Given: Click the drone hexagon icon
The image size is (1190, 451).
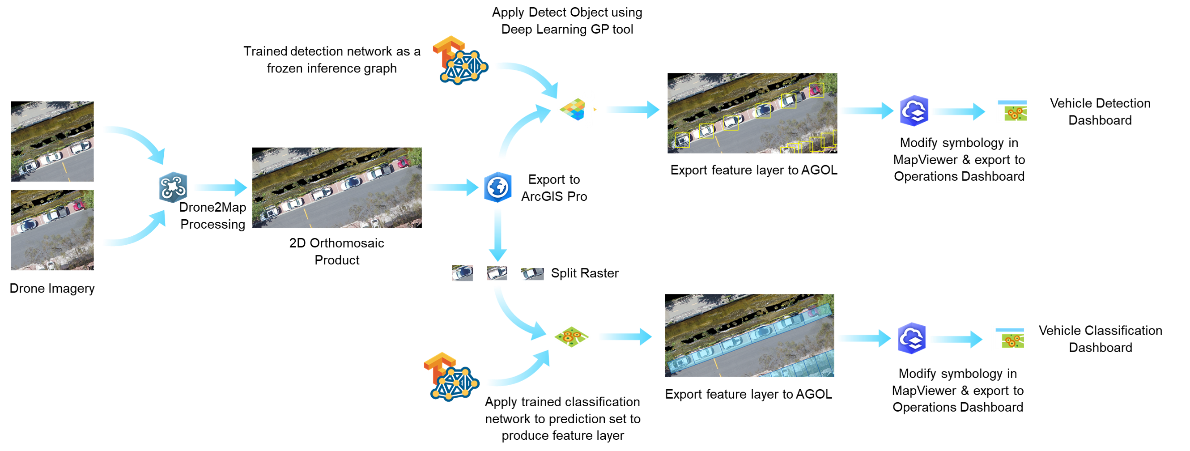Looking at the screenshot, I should (x=173, y=187).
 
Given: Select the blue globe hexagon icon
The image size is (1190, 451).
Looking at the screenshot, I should (x=497, y=187).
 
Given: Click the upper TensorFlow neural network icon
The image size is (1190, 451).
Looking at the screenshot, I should (x=460, y=60).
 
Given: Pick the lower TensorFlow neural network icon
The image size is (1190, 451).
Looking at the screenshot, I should (x=452, y=377).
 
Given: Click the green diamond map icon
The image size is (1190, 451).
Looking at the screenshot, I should (x=571, y=336).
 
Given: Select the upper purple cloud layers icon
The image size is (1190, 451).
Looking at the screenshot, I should (x=914, y=111).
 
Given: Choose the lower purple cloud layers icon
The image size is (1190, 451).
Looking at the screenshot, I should (x=911, y=338).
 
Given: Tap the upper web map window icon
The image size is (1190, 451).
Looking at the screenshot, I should (x=1011, y=111).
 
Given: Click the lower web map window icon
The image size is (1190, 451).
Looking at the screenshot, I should (x=1009, y=338).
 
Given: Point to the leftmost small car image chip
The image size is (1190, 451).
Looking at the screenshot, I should (x=462, y=273).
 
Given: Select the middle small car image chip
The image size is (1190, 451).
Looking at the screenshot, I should (x=497, y=273).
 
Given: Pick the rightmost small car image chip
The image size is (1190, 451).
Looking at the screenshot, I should (x=532, y=274).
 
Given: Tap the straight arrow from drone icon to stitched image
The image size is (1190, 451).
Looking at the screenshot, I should (x=219, y=187).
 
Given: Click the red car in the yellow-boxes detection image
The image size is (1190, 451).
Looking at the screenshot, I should (x=816, y=90).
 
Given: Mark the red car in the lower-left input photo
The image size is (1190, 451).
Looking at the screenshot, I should (x=79, y=204).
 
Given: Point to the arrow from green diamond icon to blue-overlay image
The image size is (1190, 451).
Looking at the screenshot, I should (x=624, y=337).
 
